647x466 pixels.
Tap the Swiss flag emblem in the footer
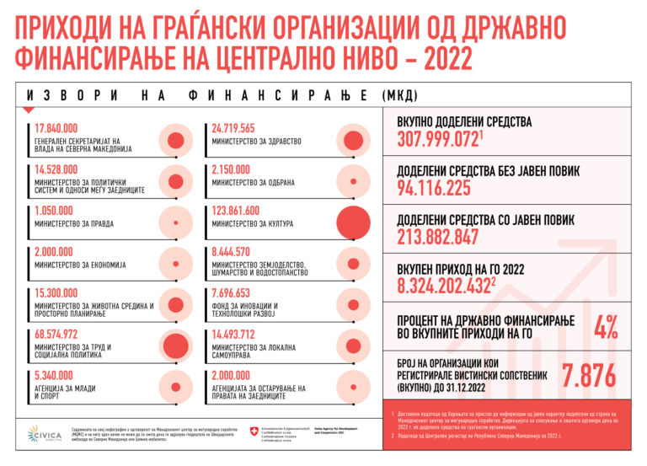243,431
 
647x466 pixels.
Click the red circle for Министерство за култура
354,222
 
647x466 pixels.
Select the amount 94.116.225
434,189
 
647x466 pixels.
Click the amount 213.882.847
438,238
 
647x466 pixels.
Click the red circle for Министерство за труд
174,345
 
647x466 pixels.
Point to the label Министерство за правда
74,224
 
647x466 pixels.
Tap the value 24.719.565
233,128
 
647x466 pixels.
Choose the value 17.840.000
56,128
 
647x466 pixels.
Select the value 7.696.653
231,292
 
